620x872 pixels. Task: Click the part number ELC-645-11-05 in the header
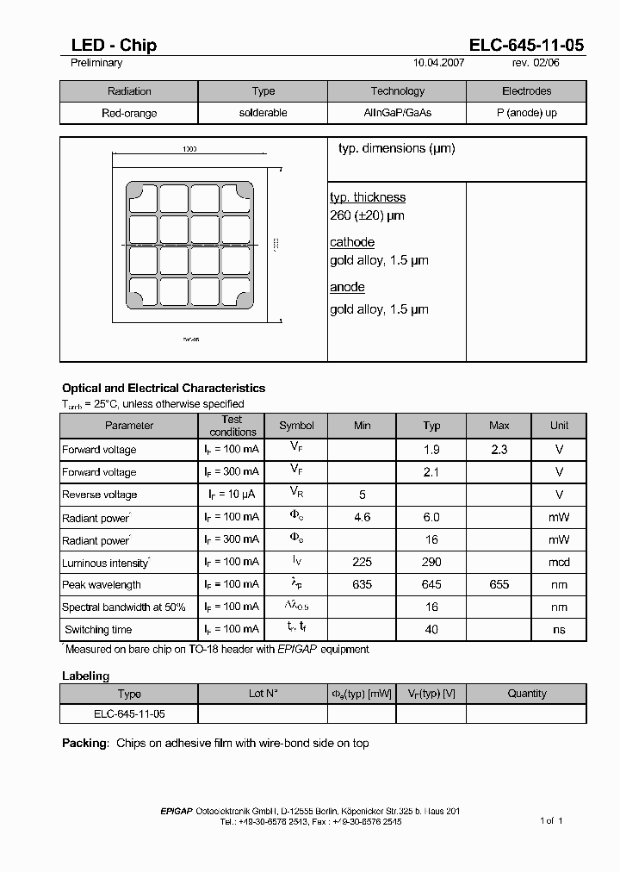click(x=527, y=46)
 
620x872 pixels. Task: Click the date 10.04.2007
click(x=439, y=63)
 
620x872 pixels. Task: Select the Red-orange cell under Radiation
click(x=129, y=114)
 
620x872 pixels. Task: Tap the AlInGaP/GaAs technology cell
click(x=397, y=114)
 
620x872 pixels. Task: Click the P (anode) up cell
click(x=526, y=114)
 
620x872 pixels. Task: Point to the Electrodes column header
click(x=526, y=91)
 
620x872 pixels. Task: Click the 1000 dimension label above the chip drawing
click(x=189, y=149)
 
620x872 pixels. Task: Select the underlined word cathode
click(x=352, y=242)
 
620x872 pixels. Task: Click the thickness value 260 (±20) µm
click(x=367, y=215)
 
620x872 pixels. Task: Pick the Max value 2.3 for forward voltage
click(x=499, y=449)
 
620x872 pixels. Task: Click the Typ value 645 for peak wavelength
click(x=431, y=584)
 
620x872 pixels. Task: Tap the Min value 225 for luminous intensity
click(x=362, y=562)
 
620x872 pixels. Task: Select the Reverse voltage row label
click(x=99, y=495)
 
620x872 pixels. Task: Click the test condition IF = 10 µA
click(x=232, y=495)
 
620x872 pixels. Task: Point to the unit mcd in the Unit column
click(x=560, y=562)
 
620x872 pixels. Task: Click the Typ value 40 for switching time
click(x=431, y=629)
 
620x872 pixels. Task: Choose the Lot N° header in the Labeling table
click(x=263, y=694)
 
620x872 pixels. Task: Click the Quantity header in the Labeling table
click(x=526, y=694)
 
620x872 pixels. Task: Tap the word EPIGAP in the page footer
click(x=177, y=811)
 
